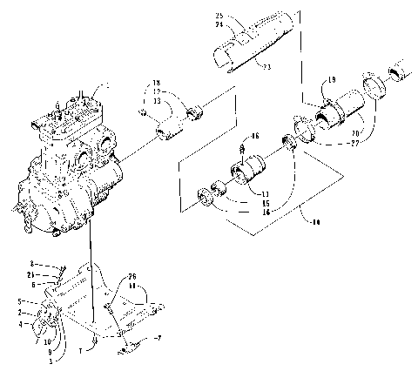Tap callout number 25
coord(220,17)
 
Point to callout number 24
coord(220,25)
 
